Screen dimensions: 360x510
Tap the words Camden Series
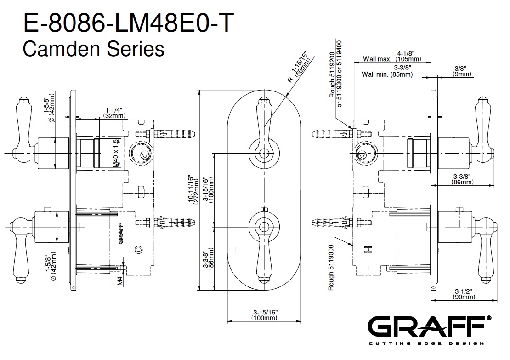(93, 48)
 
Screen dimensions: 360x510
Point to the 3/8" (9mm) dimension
(461, 71)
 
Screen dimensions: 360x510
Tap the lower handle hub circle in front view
(263, 225)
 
